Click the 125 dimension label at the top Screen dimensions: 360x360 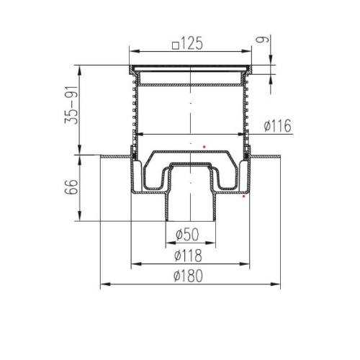coord(192,43)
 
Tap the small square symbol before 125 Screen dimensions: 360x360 coord(176,45)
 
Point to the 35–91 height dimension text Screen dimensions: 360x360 coord(71,105)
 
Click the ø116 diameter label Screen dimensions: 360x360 coord(277,125)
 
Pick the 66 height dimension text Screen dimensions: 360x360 coord(71,186)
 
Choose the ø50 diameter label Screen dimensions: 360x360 coord(187,235)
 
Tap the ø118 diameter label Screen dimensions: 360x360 coord(189,256)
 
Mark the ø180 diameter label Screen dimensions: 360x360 coord(189,276)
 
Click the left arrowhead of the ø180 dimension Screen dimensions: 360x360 coord(105,284)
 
